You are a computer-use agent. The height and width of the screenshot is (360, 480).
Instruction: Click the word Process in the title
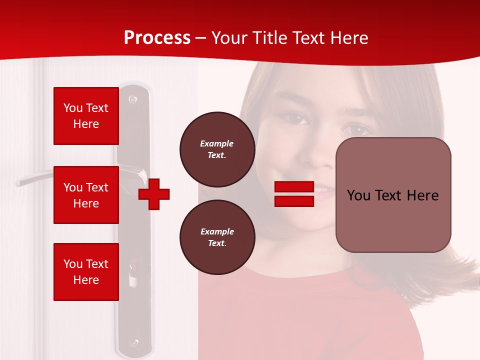[x=157, y=38]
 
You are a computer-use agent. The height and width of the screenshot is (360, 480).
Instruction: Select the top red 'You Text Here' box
[x=86, y=116]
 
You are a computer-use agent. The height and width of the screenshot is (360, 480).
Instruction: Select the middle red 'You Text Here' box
[x=86, y=195]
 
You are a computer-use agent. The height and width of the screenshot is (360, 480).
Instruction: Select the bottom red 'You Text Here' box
[x=86, y=272]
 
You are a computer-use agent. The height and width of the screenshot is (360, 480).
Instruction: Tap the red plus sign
[x=154, y=194]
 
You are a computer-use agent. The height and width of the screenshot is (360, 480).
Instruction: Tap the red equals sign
[x=294, y=194]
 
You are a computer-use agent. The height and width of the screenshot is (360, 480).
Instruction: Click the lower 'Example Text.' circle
[x=217, y=237]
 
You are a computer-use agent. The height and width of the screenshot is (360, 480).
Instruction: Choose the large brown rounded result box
[x=393, y=195]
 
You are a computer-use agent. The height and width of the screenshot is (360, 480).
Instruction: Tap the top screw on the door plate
[x=133, y=99]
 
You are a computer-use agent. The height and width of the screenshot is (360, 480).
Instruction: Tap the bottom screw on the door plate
[x=133, y=343]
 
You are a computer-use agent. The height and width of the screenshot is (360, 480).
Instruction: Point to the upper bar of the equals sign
[x=294, y=186]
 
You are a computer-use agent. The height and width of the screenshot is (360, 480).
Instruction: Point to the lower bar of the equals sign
[x=294, y=201]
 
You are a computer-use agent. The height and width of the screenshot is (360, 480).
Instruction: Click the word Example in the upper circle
[x=217, y=143]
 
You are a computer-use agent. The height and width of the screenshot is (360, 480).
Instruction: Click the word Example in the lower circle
[x=217, y=231]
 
